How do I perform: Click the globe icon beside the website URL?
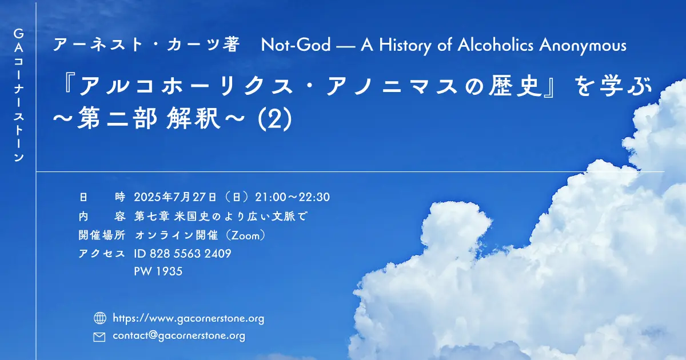tap(100, 318)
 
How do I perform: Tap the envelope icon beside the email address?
tap(99, 337)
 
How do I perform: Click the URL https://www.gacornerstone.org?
tap(188, 319)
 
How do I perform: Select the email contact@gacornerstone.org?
tap(179, 336)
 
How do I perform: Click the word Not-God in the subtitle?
tap(296, 45)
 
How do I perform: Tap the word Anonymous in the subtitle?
tap(583, 46)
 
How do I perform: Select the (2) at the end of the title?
tap(275, 119)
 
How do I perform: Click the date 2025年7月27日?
tap(175, 197)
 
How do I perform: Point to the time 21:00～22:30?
tap(293, 197)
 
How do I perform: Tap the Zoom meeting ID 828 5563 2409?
tap(190, 254)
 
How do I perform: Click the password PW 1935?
tap(158, 271)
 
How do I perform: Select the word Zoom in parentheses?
tap(246, 235)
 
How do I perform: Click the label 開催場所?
tap(102, 235)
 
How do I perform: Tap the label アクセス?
tap(102, 254)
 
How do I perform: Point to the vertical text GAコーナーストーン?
tap(19, 95)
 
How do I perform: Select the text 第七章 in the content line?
tap(152, 217)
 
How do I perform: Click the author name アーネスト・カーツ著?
tap(146, 45)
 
